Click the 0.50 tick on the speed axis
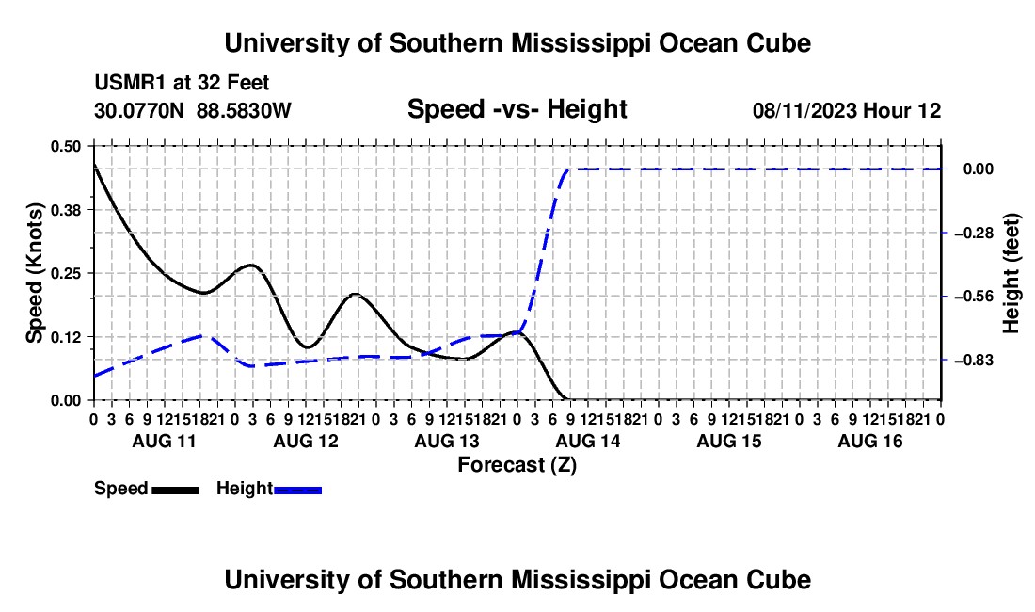(65, 146)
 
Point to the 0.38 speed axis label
(65, 210)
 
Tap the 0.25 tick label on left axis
(65, 273)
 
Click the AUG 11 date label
(165, 441)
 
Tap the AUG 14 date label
(588, 441)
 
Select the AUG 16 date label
(870, 441)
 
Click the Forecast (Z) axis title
(517, 465)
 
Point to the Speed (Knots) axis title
(34, 273)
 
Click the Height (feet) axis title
(1011, 273)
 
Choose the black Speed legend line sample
(176, 491)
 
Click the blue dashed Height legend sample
(297, 491)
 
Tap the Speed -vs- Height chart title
(517, 109)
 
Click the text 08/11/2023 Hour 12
(847, 110)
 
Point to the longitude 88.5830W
(244, 110)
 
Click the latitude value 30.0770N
(139, 110)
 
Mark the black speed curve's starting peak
(94, 164)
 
